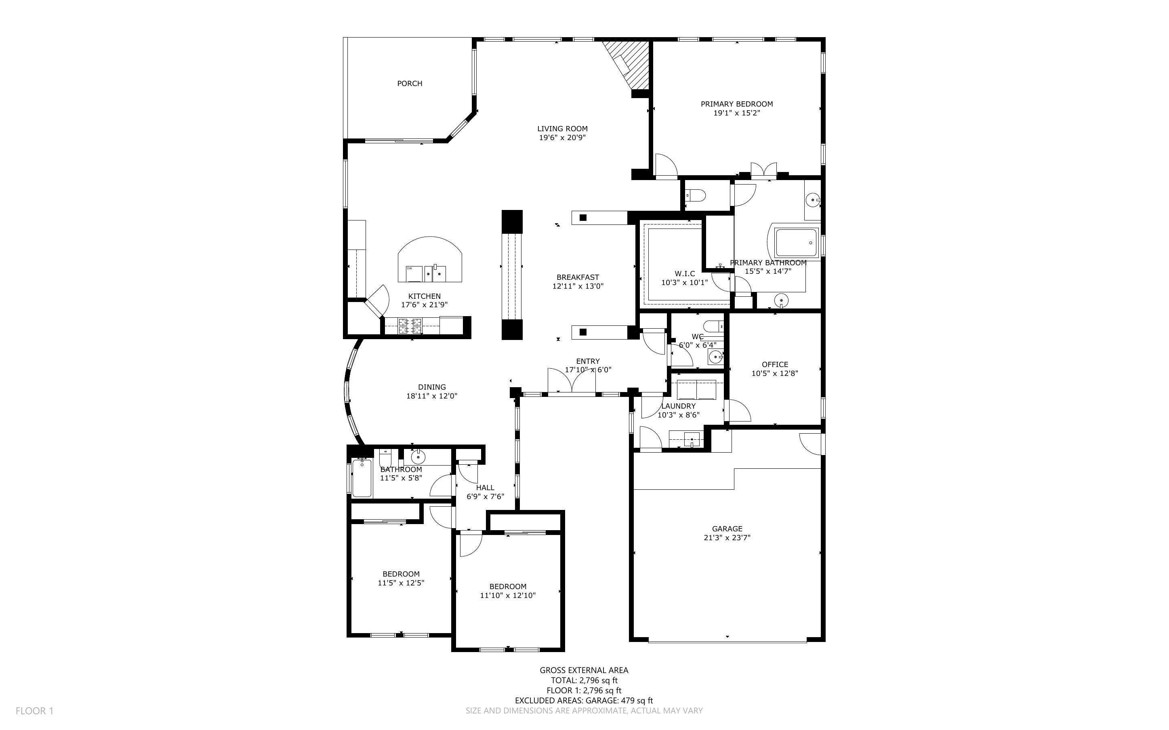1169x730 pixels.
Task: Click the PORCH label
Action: click(x=410, y=84)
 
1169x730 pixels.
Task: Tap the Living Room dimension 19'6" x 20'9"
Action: click(x=563, y=138)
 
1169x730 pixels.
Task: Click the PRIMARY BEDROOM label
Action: click(x=737, y=104)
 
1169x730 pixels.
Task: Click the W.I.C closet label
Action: click(x=685, y=274)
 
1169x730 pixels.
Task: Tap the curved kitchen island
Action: click(x=430, y=259)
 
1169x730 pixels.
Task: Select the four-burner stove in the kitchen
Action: click(x=410, y=326)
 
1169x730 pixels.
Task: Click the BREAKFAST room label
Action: click(x=578, y=277)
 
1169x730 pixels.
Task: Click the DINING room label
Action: click(x=432, y=387)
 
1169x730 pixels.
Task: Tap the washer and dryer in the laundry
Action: click(x=697, y=390)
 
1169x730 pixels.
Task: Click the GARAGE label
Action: click(x=727, y=529)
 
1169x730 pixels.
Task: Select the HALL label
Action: click(x=485, y=488)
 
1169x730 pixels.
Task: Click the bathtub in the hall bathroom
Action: click(x=362, y=478)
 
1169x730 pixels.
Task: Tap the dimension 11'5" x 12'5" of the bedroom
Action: click(x=401, y=583)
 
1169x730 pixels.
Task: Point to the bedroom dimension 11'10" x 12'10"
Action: click(x=507, y=595)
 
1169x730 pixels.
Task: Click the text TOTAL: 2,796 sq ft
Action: click(x=584, y=680)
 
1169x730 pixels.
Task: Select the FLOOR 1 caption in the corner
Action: click(x=35, y=711)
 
